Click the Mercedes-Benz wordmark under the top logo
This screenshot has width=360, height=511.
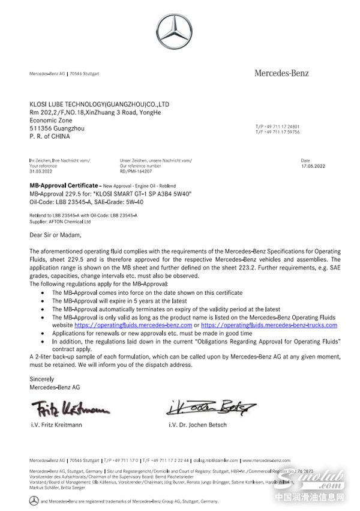tap(281, 73)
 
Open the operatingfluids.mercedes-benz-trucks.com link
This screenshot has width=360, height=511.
tap(273, 324)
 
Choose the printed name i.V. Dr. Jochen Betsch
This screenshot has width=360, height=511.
tap(199, 425)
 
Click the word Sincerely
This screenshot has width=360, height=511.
tap(42, 379)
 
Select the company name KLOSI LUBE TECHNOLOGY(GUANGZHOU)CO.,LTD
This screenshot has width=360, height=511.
tap(99, 104)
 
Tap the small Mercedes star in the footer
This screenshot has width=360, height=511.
tap(34, 500)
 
